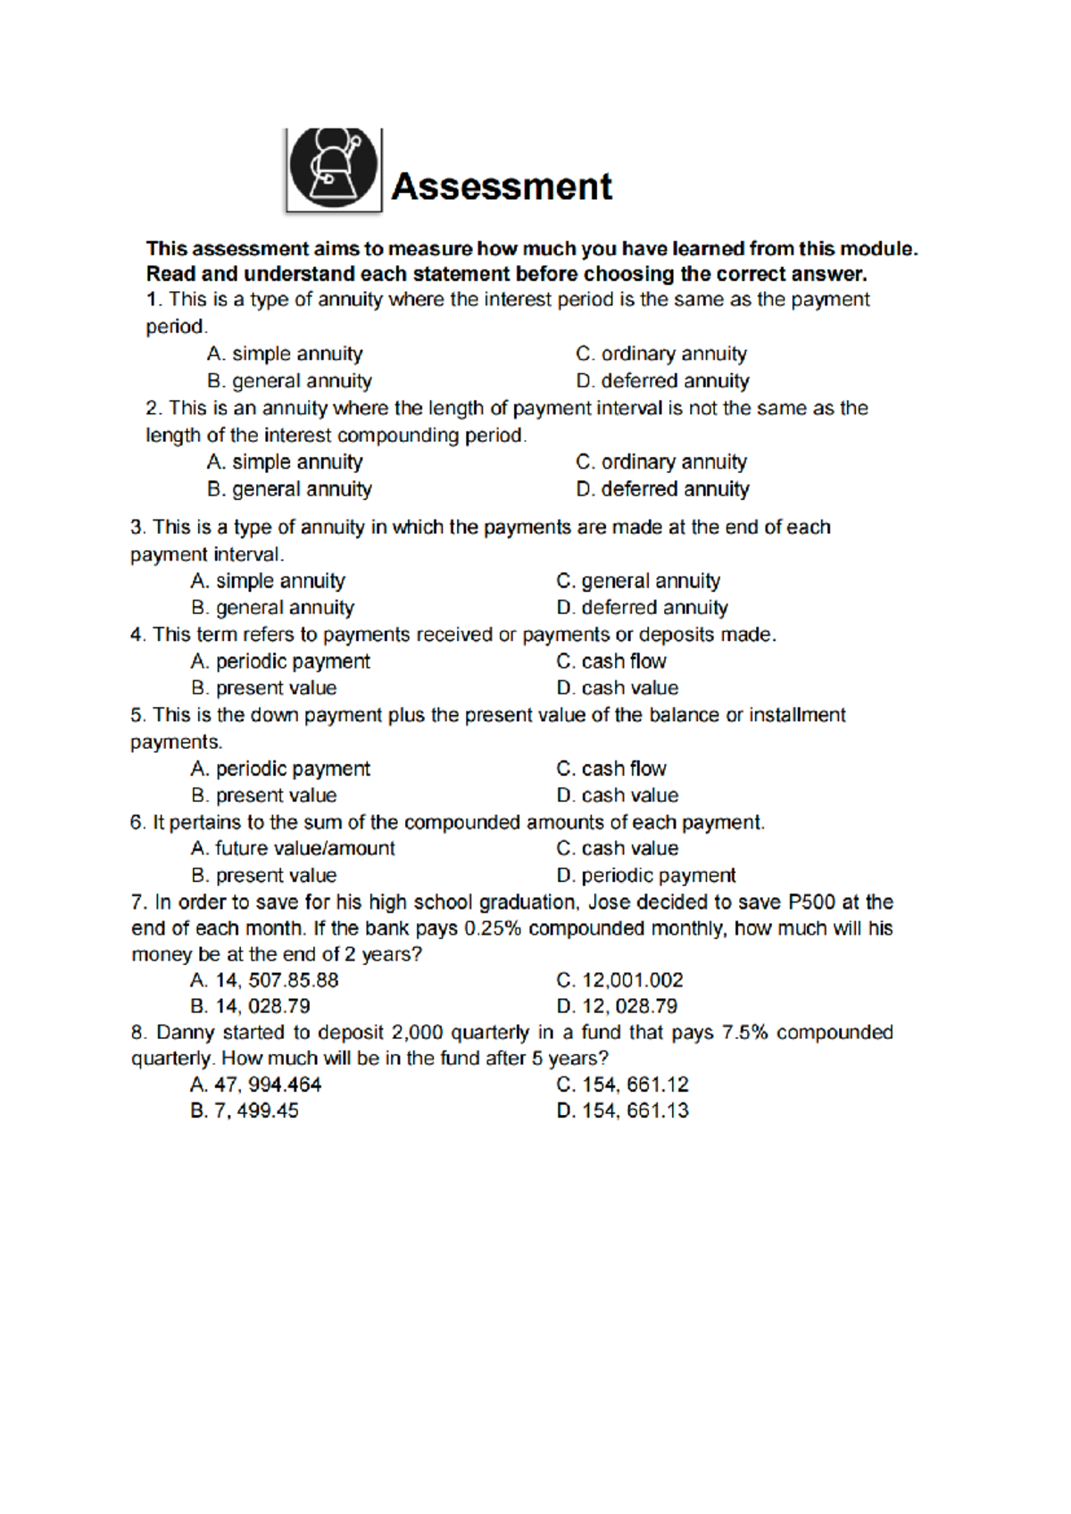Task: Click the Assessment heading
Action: (x=502, y=187)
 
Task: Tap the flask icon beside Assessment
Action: (x=334, y=169)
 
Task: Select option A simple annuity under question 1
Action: (x=285, y=354)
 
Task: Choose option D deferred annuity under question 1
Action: (x=662, y=381)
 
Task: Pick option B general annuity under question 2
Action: (x=289, y=489)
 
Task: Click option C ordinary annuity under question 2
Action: (x=661, y=462)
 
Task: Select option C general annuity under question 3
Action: (x=638, y=581)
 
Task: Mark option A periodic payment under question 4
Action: (x=280, y=661)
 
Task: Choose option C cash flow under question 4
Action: (x=611, y=661)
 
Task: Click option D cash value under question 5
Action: (x=618, y=795)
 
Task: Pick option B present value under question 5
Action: (x=264, y=795)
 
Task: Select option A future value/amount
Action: (x=293, y=848)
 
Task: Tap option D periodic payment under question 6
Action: (x=646, y=876)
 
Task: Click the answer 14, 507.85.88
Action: (x=265, y=980)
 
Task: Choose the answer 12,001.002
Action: (x=620, y=980)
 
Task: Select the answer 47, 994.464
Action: (x=256, y=1085)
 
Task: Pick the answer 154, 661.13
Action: (x=623, y=1111)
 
